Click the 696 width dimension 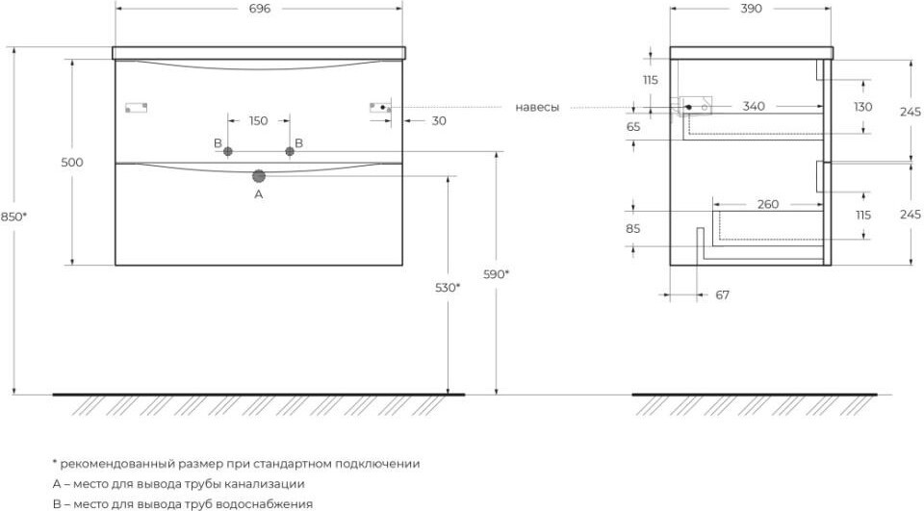260,9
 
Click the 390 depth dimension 752,9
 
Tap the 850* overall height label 13,217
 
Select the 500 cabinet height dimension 72,163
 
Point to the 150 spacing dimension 258,121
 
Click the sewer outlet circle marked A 259,176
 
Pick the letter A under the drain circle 259,193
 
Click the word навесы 537,107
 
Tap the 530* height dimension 448,288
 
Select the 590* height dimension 497,274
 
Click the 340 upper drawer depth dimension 754,106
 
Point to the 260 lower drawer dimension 768,205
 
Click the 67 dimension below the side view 723,294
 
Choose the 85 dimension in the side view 633,229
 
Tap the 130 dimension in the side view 863,107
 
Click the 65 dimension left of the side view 633,127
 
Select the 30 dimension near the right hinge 439,121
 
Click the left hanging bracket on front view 136,108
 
